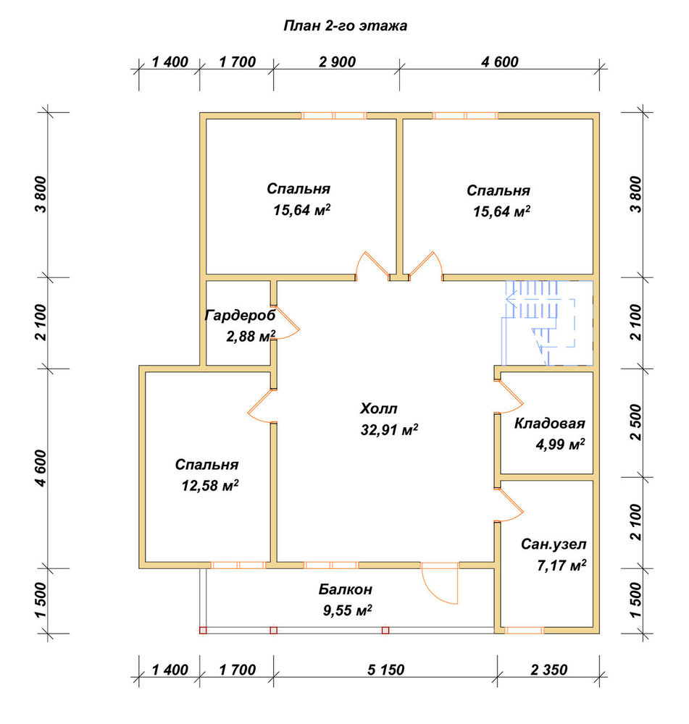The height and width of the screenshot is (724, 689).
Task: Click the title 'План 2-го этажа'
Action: click(345, 26)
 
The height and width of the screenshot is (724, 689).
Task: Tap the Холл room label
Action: click(378, 408)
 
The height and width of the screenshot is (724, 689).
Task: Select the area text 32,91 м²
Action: click(389, 430)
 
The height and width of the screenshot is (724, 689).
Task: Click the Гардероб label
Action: click(240, 316)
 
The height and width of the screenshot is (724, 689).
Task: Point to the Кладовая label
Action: click(549, 424)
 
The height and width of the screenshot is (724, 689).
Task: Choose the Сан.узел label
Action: click(554, 544)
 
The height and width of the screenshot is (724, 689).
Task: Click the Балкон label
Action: click(345, 589)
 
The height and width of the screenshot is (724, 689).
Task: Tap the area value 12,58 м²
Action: click(210, 486)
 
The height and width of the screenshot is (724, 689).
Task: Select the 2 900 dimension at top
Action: click(338, 62)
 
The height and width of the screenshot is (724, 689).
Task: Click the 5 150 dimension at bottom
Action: click(386, 670)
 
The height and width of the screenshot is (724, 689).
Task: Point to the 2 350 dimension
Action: click(549, 670)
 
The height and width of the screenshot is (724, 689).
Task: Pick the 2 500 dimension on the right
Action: click(636, 423)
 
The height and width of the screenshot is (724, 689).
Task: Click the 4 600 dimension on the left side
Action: click(41, 468)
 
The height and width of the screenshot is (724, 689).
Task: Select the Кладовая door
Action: click(510, 397)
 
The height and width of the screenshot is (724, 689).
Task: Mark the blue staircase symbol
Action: click(548, 323)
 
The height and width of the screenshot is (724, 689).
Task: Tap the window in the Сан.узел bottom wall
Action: click(524, 631)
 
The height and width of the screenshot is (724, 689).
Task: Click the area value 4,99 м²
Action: click(560, 445)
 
